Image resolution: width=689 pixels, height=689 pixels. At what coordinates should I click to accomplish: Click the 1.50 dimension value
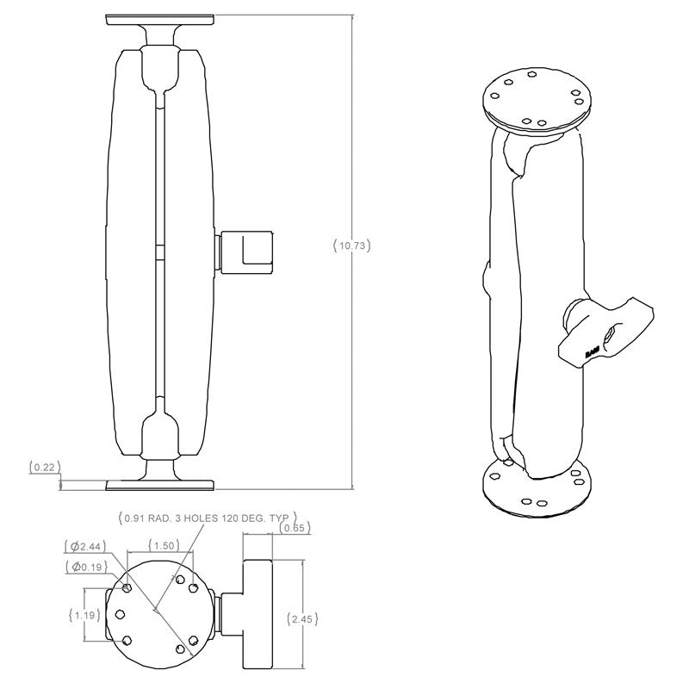tap(162, 545)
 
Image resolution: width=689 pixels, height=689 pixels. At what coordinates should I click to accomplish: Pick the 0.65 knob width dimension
tap(295, 528)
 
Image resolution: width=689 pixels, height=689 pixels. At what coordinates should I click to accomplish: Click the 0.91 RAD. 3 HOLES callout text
tap(207, 518)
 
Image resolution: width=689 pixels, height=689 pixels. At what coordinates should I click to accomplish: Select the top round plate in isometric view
tap(537, 98)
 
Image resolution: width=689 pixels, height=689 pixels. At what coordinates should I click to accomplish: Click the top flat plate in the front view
tap(159, 20)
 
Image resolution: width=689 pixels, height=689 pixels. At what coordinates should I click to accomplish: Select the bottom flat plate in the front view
tap(159, 485)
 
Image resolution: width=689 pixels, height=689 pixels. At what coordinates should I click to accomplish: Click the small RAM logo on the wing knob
tap(593, 352)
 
